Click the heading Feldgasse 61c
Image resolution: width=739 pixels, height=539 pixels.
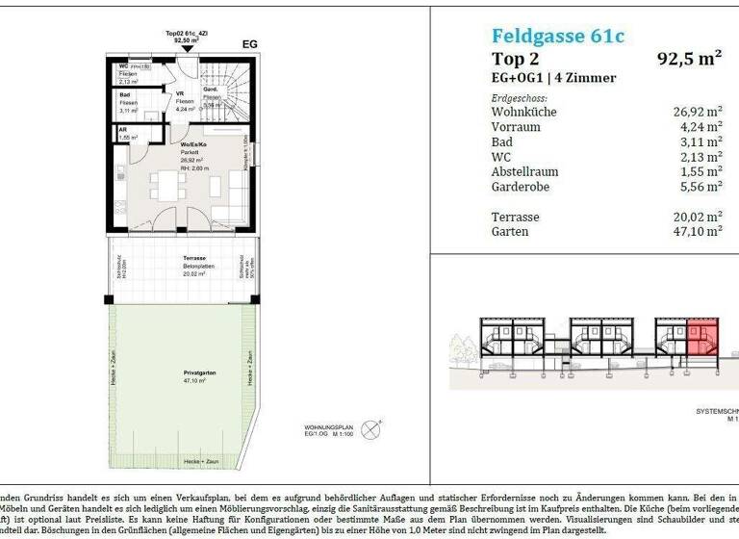pyautogui.click(x=557, y=37)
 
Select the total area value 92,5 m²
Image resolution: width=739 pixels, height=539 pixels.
pyautogui.click(x=689, y=58)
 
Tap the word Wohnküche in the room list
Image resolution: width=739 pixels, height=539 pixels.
pyautogui.click(x=523, y=112)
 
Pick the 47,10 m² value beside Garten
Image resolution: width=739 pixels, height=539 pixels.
pyautogui.click(x=700, y=231)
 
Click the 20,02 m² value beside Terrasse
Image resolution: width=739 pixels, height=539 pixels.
pyautogui.click(x=700, y=217)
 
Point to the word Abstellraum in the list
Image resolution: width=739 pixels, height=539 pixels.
pyautogui.click(x=526, y=171)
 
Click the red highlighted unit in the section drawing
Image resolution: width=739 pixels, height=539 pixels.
pyautogui.click(x=701, y=338)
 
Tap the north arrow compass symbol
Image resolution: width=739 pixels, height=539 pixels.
pyautogui.click(x=378, y=421)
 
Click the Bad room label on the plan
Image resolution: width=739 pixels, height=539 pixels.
pyautogui.click(x=124, y=95)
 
